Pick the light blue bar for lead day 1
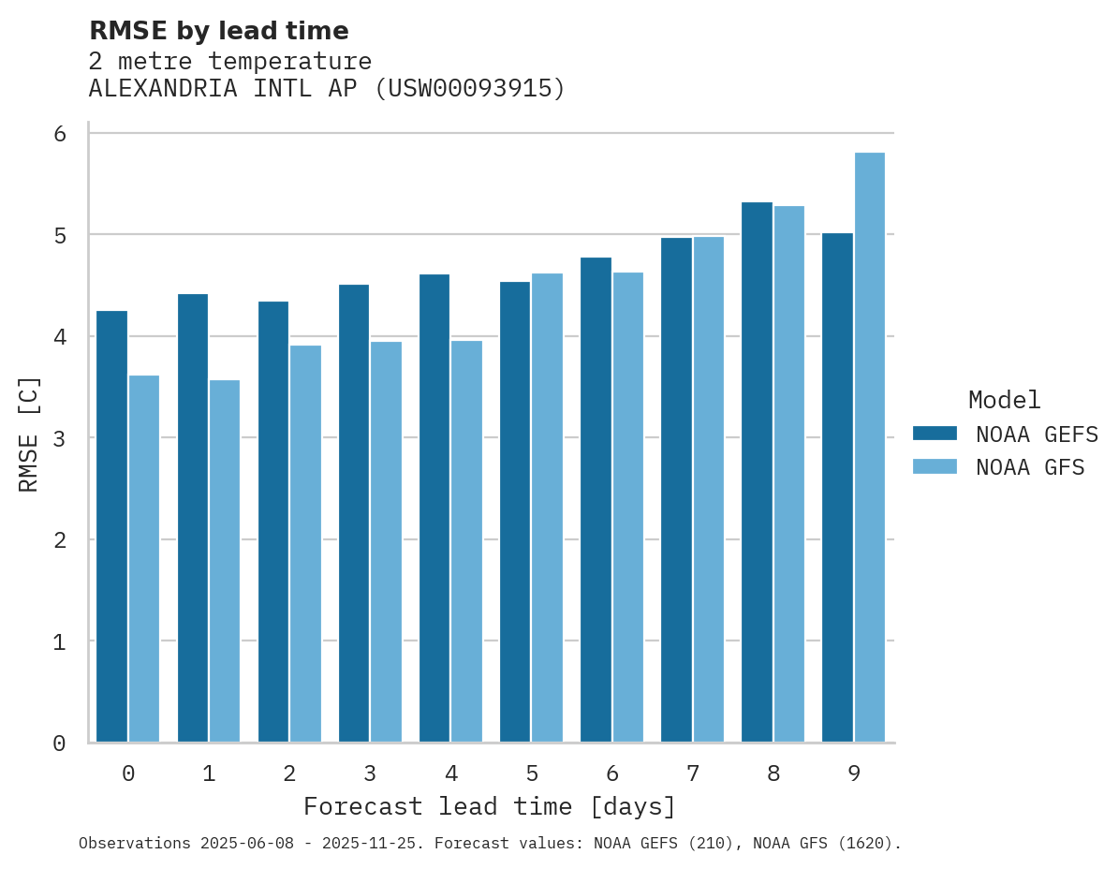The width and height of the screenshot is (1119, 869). click(225, 561)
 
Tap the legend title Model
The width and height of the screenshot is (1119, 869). click(1004, 400)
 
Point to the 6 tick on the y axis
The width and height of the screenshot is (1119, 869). click(60, 134)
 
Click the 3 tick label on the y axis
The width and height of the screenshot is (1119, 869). click(60, 438)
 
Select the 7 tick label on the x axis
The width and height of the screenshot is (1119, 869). click(693, 773)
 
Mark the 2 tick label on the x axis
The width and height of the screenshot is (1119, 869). click(289, 773)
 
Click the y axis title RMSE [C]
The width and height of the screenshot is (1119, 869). click(29, 434)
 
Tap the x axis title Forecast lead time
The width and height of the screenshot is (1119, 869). click(489, 806)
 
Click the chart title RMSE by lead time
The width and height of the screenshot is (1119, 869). click(218, 31)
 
